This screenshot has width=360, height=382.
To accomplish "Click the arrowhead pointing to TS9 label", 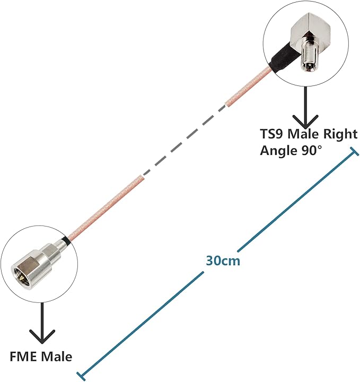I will click(305, 120).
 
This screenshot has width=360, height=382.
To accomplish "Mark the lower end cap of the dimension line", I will click(81, 376).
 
